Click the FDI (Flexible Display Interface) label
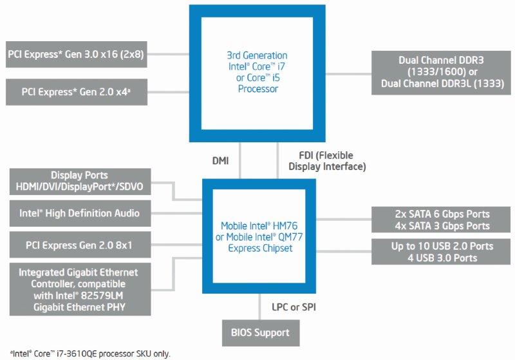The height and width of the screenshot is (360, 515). point(326,161)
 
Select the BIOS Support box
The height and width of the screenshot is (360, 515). point(260,333)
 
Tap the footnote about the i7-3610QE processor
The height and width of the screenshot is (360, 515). point(86,354)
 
